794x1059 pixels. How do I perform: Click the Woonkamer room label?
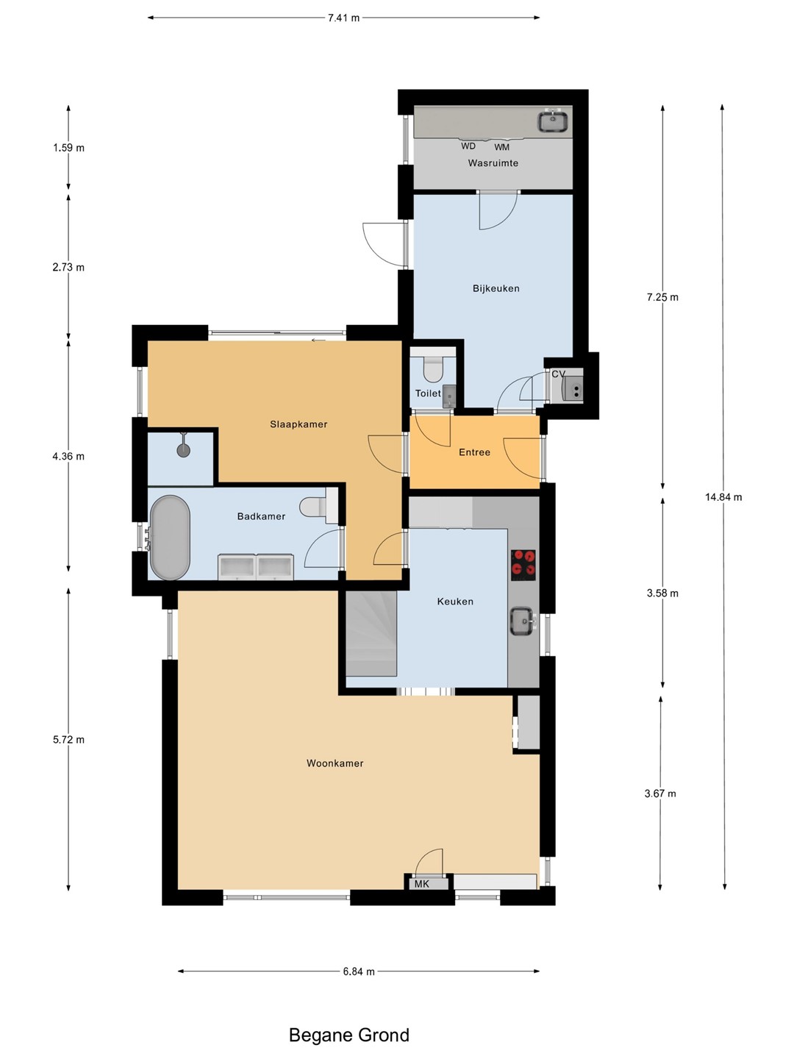click(335, 763)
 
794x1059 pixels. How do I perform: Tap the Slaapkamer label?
click(298, 424)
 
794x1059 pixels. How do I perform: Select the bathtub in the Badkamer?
click(170, 538)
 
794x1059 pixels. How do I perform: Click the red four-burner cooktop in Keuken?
click(523, 565)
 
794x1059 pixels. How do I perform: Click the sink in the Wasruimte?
click(553, 120)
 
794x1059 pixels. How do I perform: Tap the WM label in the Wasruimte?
click(501, 147)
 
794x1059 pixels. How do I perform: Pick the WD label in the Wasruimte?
click(468, 146)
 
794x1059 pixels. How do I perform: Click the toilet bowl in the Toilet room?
click(432, 369)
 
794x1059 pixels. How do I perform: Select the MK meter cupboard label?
click(422, 884)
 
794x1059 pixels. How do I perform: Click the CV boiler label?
click(558, 374)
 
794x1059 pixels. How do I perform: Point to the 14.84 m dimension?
click(723, 497)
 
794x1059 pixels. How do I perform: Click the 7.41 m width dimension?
click(344, 18)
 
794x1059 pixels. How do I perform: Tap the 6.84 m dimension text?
click(359, 971)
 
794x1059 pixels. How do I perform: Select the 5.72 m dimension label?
click(68, 740)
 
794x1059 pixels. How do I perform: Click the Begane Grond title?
click(349, 1035)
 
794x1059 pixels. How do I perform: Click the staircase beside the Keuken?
click(371, 633)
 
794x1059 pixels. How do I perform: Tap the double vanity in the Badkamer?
click(256, 566)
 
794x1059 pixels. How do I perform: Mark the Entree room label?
click(474, 452)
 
